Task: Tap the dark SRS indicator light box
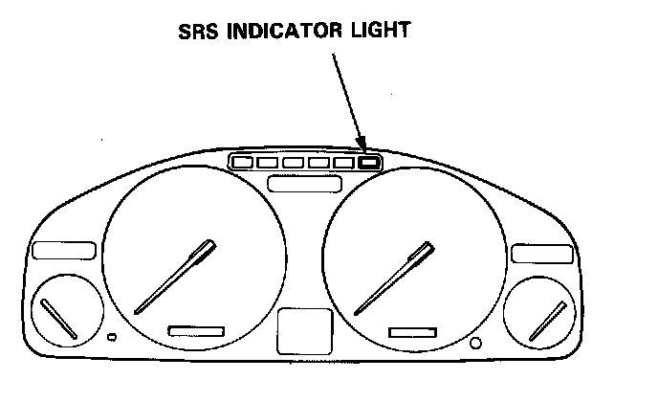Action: pyautogui.click(x=370, y=162)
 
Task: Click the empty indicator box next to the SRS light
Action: pyautogui.click(x=344, y=162)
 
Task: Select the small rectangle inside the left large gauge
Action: pyautogui.click(x=196, y=330)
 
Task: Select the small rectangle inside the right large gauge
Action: pyautogui.click(x=416, y=331)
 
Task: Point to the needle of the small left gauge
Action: pyautogui.click(x=59, y=321)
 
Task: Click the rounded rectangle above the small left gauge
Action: pyautogui.click(x=63, y=252)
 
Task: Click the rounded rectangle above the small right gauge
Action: pyautogui.click(x=540, y=253)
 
